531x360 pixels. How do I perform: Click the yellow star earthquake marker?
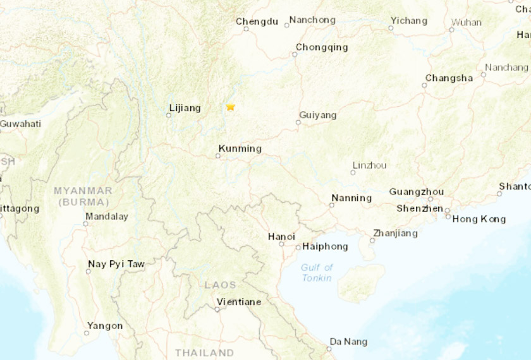click(231, 107)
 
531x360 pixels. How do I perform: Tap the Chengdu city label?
click(257, 21)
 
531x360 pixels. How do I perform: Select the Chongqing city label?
click(322, 47)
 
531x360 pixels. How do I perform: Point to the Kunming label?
click(240, 149)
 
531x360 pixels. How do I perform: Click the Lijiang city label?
click(185, 109)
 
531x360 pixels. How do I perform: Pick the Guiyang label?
click(317, 116)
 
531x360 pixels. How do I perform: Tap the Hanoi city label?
click(281, 237)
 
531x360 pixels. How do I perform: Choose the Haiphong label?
click(325, 246)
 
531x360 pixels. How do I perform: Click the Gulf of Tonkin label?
click(317, 272)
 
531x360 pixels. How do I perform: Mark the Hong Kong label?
click(479, 219)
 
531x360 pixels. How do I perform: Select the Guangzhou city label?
click(417, 192)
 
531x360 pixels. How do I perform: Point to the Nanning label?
click(351, 198)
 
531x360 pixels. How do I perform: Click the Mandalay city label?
click(108, 216)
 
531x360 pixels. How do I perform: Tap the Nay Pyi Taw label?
click(116, 264)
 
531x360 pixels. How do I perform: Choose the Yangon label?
click(105, 326)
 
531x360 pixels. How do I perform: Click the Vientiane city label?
click(238, 302)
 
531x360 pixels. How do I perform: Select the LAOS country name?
click(220, 285)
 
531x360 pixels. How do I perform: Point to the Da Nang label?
click(348, 342)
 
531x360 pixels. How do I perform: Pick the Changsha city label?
click(449, 78)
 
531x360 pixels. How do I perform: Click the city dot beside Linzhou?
click(353, 172)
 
